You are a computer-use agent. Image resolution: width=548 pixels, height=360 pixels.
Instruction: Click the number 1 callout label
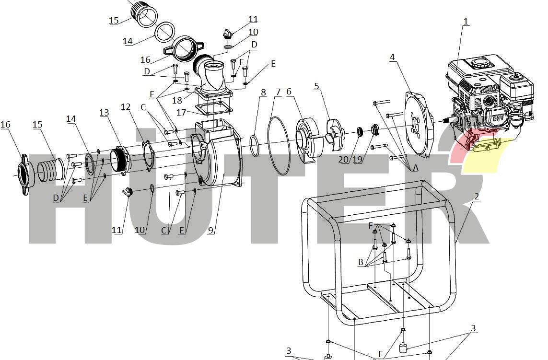[466, 21]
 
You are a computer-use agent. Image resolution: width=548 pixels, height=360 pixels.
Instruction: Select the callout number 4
[393, 57]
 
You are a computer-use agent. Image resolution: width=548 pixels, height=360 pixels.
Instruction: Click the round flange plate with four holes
[419, 125]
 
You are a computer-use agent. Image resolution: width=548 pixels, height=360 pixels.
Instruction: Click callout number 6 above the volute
[289, 92]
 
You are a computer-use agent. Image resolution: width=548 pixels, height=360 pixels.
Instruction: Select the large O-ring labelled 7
[279, 145]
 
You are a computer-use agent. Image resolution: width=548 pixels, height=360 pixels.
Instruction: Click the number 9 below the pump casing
[210, 230]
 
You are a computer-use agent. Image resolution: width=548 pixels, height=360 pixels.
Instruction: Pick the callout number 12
[126, 107]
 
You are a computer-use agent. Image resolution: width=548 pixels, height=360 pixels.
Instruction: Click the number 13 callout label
[104, 113]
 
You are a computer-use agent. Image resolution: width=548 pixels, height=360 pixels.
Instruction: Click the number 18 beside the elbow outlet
[177, 100]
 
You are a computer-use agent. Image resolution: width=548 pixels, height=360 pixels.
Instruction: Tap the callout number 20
[344, 159]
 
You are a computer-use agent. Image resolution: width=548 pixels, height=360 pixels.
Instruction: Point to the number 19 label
[357, 159]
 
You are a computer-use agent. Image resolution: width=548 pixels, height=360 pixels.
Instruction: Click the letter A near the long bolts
[416, 168]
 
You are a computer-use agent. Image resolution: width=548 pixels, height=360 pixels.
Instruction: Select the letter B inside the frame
[361, 262]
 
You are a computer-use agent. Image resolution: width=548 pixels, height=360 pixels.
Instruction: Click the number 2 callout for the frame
[477, 197]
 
